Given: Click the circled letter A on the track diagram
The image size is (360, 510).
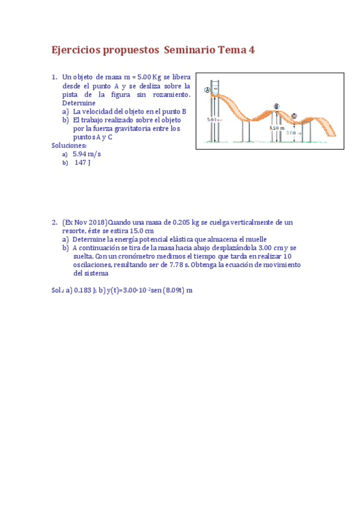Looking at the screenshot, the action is [x=207, y=90].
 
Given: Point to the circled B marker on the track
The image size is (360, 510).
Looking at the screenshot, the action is [x=276, y=106].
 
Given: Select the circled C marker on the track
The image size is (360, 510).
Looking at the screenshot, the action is [x=294, y=116].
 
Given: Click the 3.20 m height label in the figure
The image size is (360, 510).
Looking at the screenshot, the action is [x=276, y=127].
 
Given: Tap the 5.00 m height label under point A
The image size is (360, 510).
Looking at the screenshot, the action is [x=214, y=119].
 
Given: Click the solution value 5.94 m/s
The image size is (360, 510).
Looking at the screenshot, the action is [x=87, y=154].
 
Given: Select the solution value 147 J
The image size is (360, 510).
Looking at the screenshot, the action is [x=82, y=162].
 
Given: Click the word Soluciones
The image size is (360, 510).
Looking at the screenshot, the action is [x=69, y=146].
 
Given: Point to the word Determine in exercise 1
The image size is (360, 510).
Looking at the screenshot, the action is [x=78, y=103].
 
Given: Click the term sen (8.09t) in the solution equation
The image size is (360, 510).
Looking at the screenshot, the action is [x=163, y=290].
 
